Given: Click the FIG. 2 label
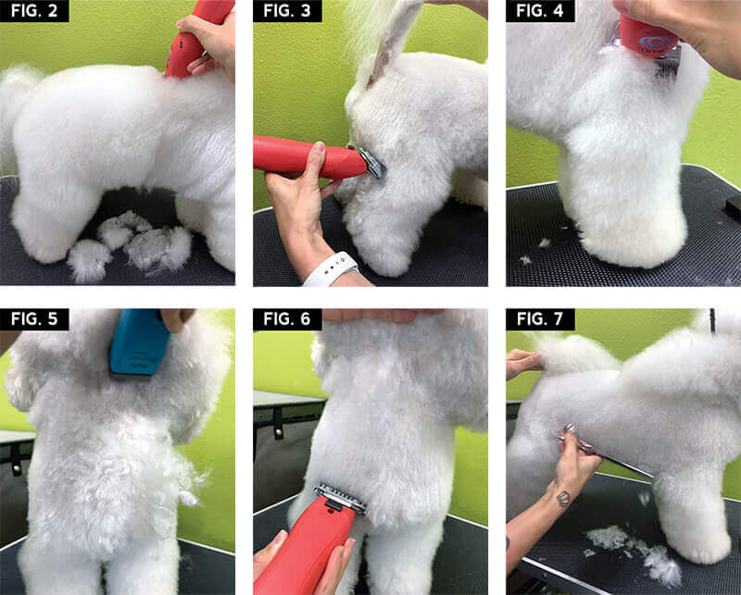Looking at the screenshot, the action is point(34,11).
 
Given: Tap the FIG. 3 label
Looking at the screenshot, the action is point(287,11).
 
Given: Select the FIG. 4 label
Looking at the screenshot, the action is point(540,11).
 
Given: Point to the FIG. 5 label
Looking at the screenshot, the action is point(34,319).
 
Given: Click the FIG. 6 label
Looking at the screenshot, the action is point(287,319).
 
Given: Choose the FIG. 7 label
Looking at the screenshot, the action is point(540,319).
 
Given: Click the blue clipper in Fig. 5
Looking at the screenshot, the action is point(139,342).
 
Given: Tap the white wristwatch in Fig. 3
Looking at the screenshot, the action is point(331,269).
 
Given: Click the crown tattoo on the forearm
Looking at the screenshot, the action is point(563,499).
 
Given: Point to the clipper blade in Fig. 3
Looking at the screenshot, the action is point(372,164).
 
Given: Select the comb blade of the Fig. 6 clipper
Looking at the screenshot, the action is point(339,498).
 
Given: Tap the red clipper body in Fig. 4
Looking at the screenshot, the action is point(647,35).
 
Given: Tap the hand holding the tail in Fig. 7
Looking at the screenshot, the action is point(523,363).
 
